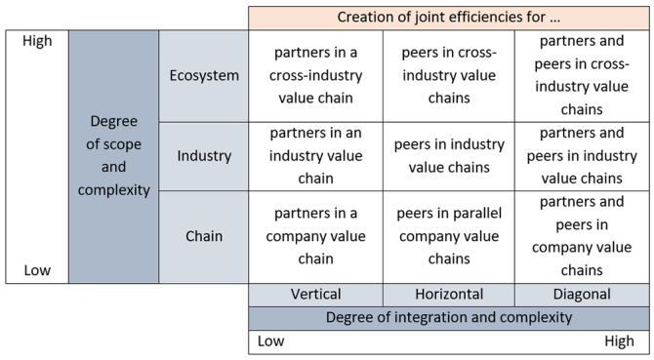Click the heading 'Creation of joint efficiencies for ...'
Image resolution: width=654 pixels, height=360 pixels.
(x=448, y=18)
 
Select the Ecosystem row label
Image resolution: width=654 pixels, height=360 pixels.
(x=204, y=75)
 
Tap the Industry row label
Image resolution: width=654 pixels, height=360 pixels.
(x=204, y=156)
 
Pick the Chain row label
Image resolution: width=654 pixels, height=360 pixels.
(x=204, y=236)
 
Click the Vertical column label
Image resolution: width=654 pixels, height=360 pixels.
(x=315, y=295)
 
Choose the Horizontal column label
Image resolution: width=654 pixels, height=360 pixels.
(x=449, y=295)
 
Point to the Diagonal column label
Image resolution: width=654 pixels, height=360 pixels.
(x=582, y=295)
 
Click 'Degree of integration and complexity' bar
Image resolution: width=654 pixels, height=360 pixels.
(x=449, y=318)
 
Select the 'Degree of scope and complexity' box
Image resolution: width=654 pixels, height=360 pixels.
(x=114, y=156)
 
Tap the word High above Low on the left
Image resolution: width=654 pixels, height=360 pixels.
(x=37, y=41)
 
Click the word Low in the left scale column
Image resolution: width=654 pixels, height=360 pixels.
(x=37, y=270)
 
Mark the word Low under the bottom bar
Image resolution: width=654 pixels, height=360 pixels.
(x=270, y=341)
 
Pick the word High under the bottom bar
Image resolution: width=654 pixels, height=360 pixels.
(x=619, y=341)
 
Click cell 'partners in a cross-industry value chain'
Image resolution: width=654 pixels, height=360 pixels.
(x=315, y=75)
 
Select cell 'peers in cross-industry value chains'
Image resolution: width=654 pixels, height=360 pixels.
(x=449, y=75)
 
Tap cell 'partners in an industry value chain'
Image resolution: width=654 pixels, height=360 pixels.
(x=315, y=156)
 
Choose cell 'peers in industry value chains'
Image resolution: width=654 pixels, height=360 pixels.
(x=449, y=156)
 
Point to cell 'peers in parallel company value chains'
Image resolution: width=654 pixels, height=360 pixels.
(x=449, y=236)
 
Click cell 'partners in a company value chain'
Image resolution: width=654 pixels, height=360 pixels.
(x=315, y=236)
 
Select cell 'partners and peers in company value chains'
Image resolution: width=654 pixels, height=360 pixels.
(x=582, y=236)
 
